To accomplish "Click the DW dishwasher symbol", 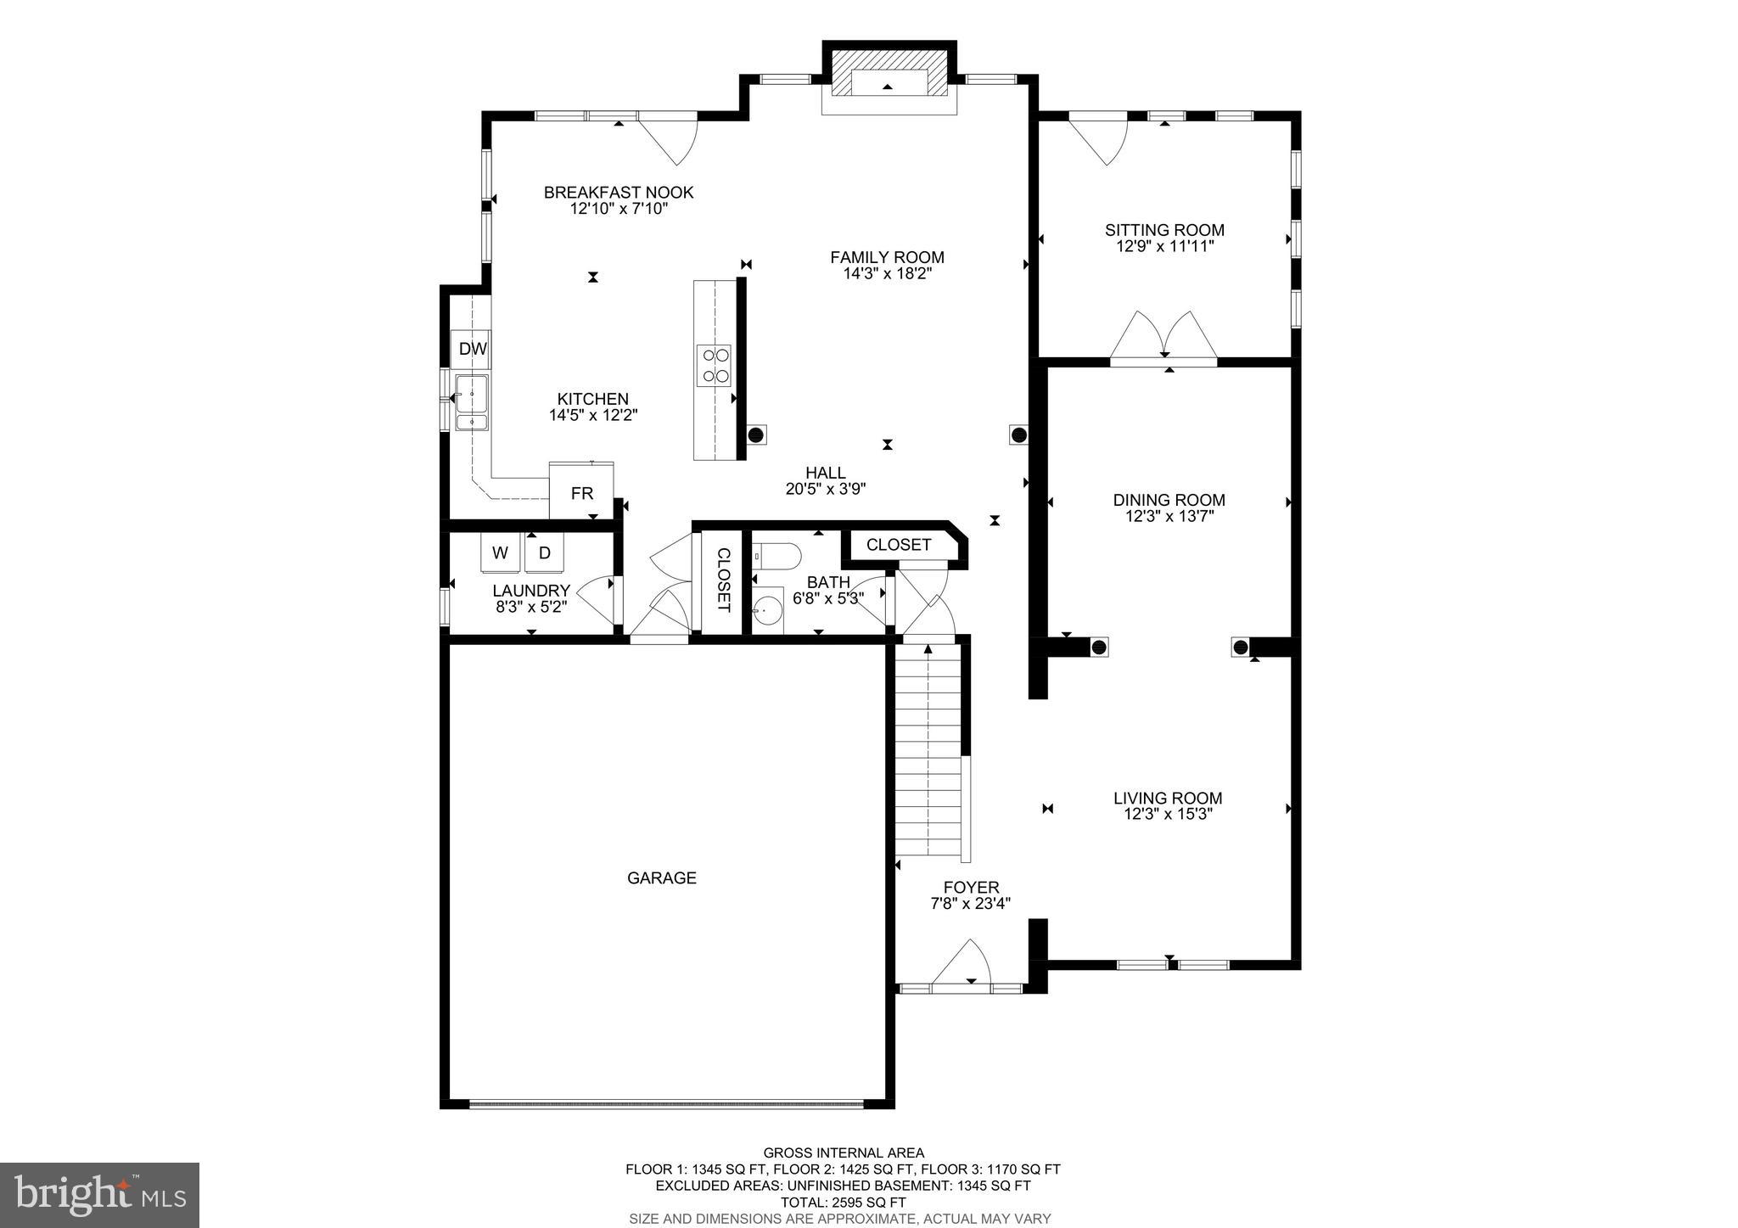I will point(472,349).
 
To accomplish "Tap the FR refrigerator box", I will point(581,493).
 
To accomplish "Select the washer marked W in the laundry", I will point(501,553).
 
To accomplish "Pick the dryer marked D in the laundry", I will point(545,553).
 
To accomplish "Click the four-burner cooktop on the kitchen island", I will point(714,365).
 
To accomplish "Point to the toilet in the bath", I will point(776,556).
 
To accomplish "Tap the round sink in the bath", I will point(768,609).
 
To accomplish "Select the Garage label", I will point(662,878).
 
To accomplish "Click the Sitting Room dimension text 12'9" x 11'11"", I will point(1164,247).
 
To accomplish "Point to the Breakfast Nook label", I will point(619,193).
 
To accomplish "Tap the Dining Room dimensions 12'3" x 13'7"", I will point(1169,516).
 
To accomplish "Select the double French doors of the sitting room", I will point(1164,338).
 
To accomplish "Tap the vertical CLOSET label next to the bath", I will point(722,580).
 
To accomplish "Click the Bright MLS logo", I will point(99,1196).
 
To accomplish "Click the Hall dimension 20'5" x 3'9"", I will point(825,489).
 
